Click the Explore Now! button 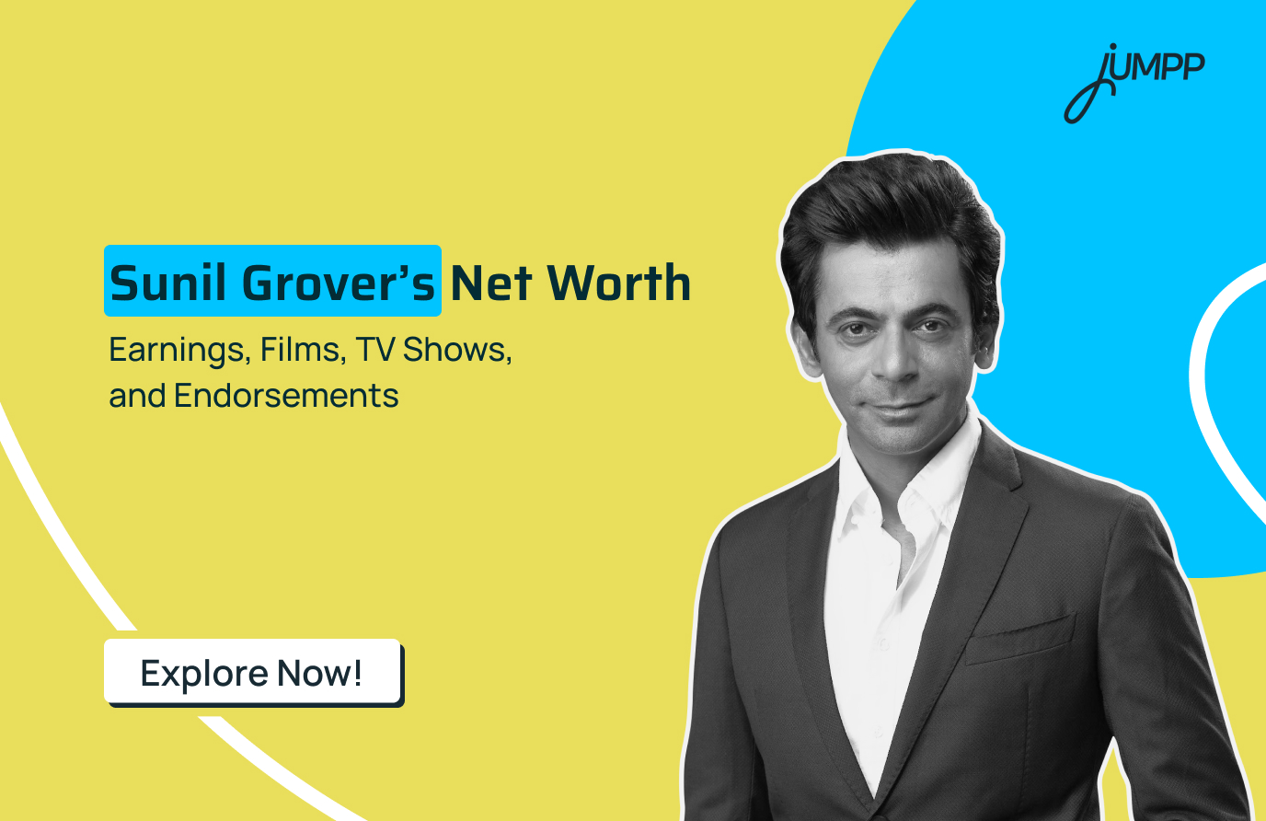(x=252, y=673)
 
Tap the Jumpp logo (x=1134, y=80)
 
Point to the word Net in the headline (x=491, y=283)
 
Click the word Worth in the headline (x=619, y=283)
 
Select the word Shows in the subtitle (x=456, y=350)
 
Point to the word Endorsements (x=286, y=396)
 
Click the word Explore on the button (x=203, y=674)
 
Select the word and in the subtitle (x=137, y=396)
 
